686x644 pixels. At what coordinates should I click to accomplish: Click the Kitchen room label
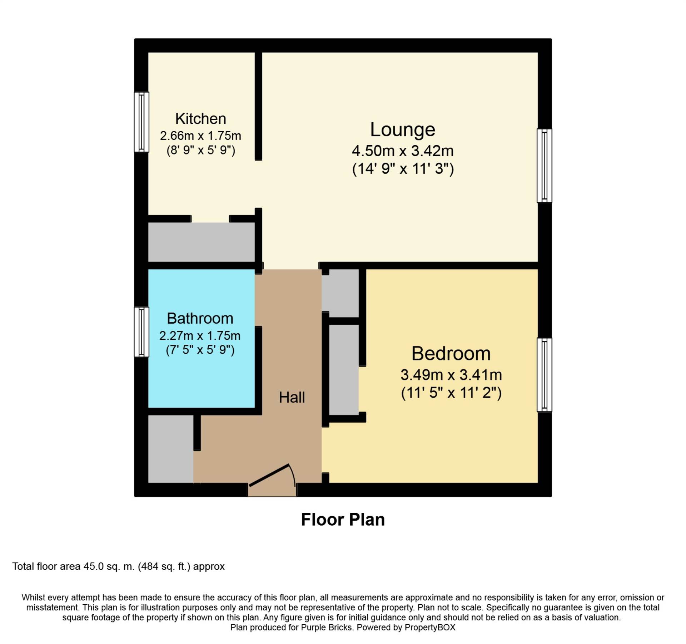tap(200, 119)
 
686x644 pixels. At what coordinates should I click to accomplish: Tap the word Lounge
tap(403, 130)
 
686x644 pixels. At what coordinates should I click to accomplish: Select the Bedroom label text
tap(451, 354)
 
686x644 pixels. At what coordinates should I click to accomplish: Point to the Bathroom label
tap(200, 318)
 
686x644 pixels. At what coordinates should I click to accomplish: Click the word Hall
tap(292, 397)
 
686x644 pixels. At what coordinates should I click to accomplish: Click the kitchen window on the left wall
tap(141, 122)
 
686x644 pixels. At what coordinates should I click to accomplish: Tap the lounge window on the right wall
tap(544, 166)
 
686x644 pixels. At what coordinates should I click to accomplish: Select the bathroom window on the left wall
tap(141, 332)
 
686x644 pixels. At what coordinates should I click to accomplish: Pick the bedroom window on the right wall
tap(544, 375)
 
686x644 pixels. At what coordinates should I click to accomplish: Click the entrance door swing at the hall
tap(272, 477)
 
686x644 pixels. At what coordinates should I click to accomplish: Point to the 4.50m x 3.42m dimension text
tap(403, 151)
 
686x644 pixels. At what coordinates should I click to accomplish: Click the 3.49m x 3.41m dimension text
tap(451, 375)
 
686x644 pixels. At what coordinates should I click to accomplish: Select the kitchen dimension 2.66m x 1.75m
tap(200, 136)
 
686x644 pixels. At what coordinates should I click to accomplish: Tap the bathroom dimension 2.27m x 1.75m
tap(200, 336)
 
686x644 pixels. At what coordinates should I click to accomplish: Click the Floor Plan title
tap(343, 520)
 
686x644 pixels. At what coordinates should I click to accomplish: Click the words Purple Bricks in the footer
tap(327, 627)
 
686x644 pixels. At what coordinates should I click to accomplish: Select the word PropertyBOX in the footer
tap(430, 627)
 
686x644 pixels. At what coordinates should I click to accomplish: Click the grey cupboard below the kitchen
tap(202, 242)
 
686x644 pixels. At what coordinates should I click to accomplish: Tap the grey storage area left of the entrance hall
tap(171, 449)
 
